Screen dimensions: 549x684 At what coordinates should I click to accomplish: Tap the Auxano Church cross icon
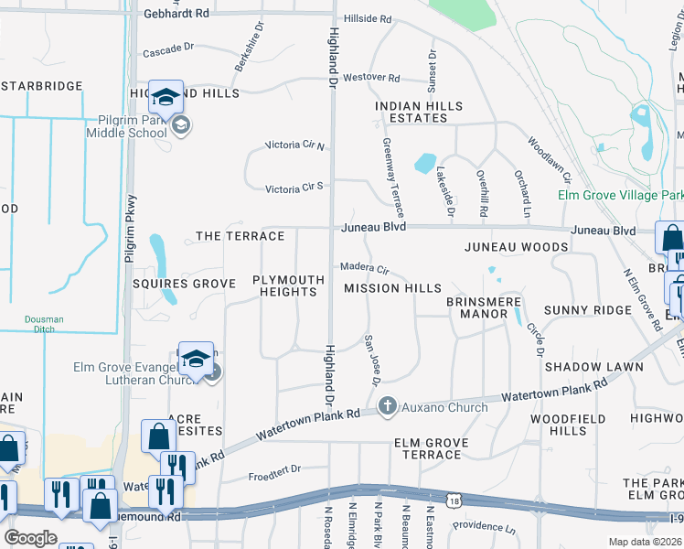[387, 405]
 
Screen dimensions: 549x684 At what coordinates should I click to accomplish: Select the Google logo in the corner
[30, 538]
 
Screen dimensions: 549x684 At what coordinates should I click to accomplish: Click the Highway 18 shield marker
[454, 499]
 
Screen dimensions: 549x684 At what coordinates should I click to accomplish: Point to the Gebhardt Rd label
[176, 15]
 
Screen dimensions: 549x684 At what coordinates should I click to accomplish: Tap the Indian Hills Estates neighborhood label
[419, 113]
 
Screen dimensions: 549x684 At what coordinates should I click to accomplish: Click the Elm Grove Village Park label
[621, 196]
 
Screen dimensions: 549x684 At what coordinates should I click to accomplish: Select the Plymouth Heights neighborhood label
[288, 285]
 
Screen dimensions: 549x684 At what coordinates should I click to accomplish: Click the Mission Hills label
[392, 288]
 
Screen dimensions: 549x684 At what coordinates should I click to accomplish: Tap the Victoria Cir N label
[295, 145]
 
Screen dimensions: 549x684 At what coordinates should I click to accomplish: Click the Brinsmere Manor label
[476, 307]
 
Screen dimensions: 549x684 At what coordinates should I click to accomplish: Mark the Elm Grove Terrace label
[431, 448]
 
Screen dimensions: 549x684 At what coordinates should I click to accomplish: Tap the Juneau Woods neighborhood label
[516, 247]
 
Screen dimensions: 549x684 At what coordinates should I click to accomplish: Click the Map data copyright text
[646, 542]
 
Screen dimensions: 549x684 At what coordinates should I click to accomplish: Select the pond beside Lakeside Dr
[424, 164]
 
